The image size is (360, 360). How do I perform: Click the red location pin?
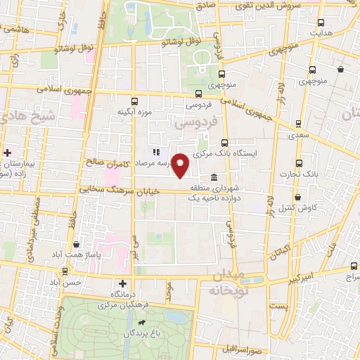pos(181,165)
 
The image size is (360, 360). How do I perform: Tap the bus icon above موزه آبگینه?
pos(134,101)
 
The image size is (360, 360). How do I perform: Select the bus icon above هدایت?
pos(321,22)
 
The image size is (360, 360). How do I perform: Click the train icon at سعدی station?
pos(299,124)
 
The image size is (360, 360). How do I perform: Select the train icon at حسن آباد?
pos(66,271)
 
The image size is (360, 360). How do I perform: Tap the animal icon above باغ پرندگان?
pos(142,323)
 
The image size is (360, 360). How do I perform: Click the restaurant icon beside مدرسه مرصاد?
pos(157,151)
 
